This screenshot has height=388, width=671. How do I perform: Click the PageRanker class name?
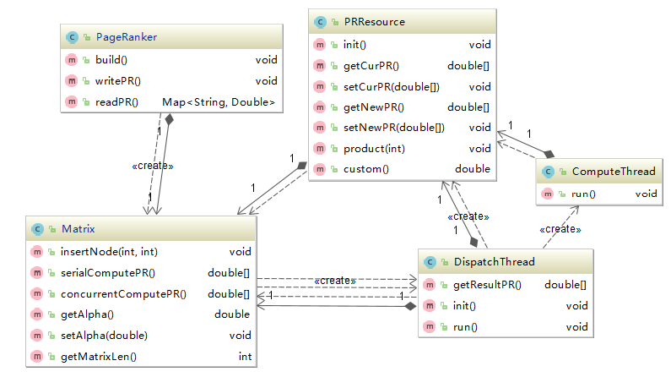[127, 37]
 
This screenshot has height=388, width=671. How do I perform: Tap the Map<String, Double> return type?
[219, 102]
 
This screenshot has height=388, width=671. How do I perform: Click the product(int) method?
[374, 149]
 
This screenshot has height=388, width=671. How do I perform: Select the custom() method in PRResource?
[365, 169]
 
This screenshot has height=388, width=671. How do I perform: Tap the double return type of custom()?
[473, 169]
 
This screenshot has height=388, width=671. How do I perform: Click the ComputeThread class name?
[613, 172]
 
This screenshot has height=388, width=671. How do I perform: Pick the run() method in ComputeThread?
[583, 194]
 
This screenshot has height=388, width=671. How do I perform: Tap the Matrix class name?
[77, 228]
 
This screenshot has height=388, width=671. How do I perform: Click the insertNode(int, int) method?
[108, 251]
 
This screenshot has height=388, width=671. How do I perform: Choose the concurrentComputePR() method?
[123, 294]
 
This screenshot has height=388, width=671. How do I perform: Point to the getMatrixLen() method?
[99, 357]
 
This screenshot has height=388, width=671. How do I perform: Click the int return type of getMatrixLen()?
[245, 357]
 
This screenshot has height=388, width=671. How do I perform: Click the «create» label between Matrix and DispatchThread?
[334, 280]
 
